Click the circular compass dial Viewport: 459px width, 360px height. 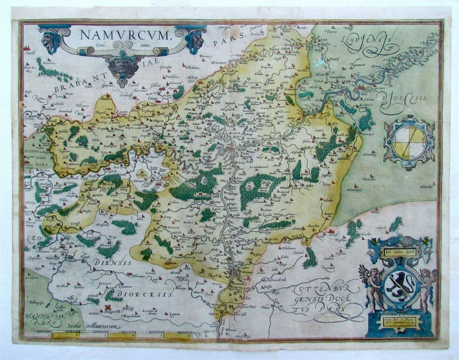point(409,142)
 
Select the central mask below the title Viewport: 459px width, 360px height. point(124,67)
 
